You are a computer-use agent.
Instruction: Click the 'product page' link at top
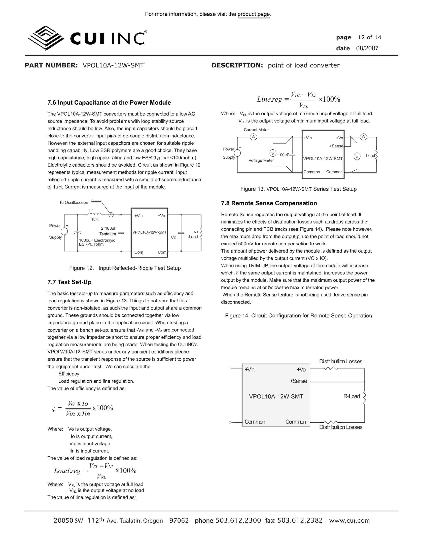tap(254, 14)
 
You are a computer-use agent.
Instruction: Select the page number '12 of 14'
tap(369, 38)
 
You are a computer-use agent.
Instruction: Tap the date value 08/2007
tap(367, 48)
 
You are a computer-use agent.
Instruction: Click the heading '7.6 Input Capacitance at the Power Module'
tap(109, 103)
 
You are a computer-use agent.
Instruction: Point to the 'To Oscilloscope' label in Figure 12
tap(73, 202)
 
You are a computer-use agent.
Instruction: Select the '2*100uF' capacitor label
tap(108, 228)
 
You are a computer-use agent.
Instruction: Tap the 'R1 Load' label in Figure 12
tap(194, 234)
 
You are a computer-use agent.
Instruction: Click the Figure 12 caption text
tap(125, 268)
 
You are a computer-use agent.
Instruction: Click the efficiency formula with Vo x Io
tap(83, 408)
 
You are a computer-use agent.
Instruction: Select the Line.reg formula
tap(298, 99)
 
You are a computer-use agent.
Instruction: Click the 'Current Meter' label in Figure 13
tap(256, 130)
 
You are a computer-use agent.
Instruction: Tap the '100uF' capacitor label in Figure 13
tap(283, 155)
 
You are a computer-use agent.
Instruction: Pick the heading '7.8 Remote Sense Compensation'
tap(269, 203)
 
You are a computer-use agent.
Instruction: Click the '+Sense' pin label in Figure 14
tap(298, 381)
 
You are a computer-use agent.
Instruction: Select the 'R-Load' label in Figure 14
tap(351, 396)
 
